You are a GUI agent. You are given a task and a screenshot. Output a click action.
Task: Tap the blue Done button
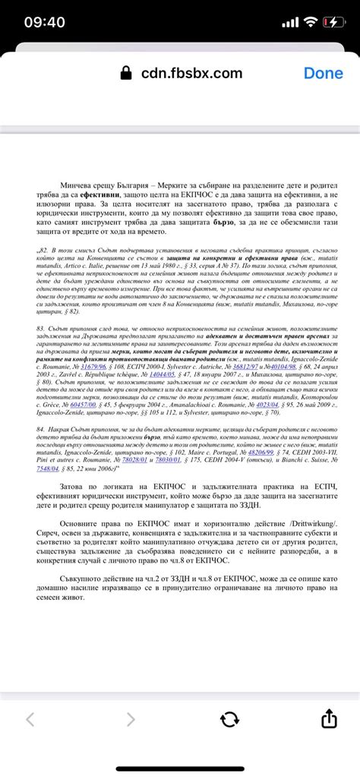324,73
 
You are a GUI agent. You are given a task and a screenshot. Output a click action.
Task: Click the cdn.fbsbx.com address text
191,73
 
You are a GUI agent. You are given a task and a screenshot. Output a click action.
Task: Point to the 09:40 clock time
44,22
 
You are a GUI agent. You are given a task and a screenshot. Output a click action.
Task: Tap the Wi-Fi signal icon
309,22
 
